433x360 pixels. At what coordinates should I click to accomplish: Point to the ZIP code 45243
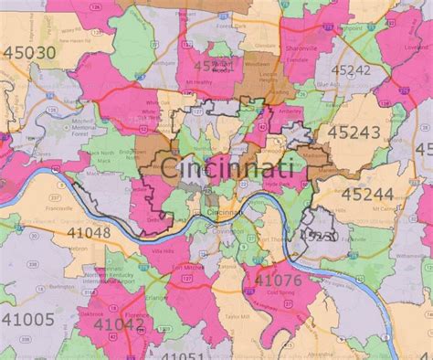(374, 134)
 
